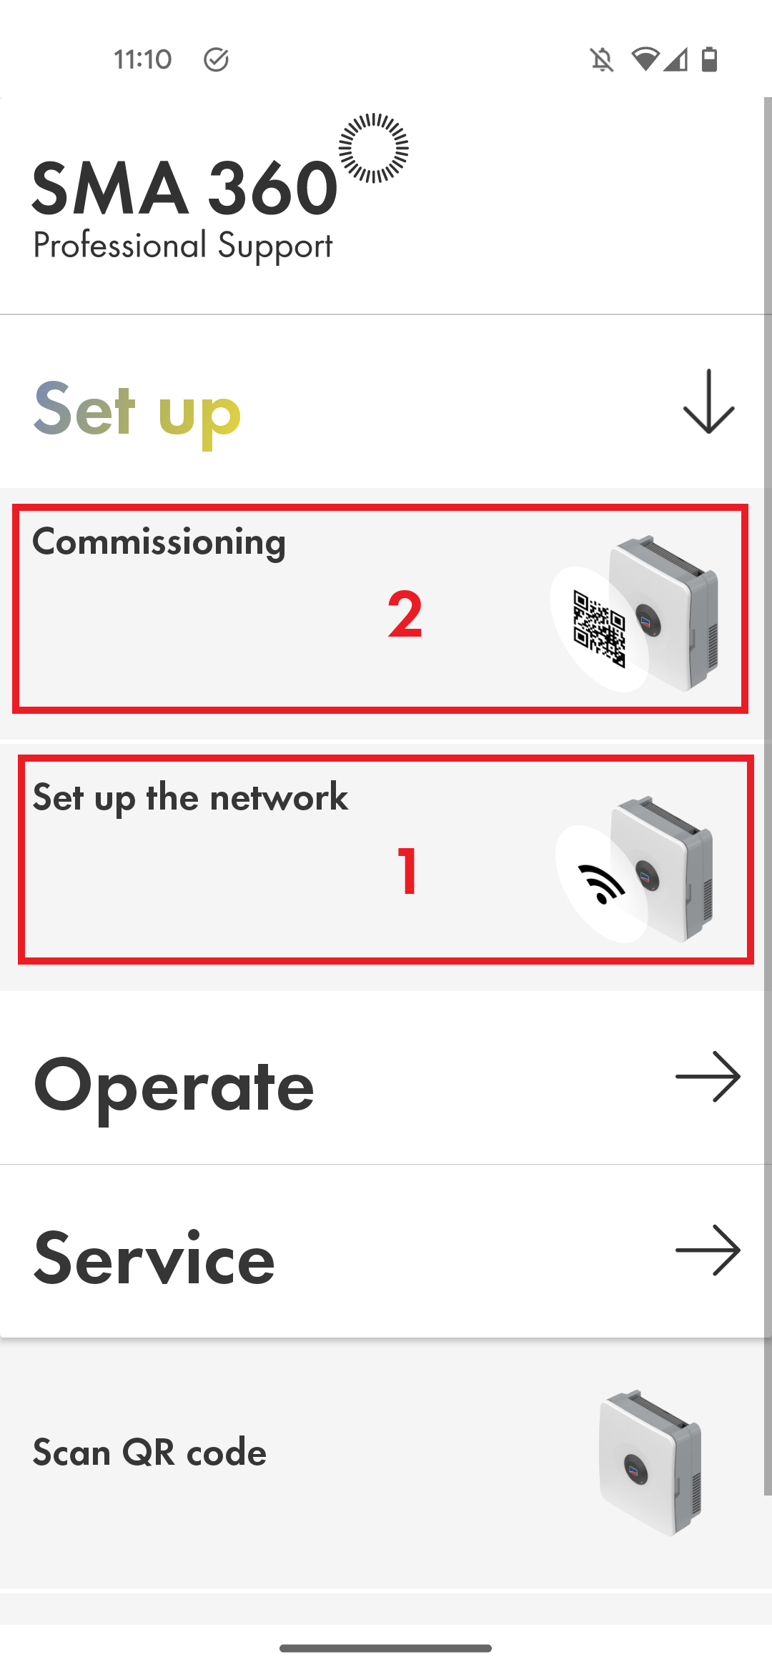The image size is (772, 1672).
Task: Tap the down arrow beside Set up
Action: (708, 402)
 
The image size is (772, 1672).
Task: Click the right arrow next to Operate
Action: (708, 1076)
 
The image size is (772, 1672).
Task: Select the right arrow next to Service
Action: (708, 1250)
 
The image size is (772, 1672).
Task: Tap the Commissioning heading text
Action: (159, 542)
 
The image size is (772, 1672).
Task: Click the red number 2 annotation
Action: (405, 614)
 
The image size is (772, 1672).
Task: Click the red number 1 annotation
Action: (407, 870)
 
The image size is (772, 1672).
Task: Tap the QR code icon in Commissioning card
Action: (599, 630)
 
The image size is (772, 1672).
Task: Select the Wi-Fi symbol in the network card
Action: (601, 884)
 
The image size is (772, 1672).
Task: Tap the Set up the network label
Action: (190, 797)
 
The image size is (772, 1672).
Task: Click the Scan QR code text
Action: (149, 1453)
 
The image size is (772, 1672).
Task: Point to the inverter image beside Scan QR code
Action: (650, 1462)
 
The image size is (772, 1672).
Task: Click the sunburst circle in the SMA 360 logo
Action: (373, 148)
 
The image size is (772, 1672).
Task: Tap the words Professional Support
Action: (182, 246)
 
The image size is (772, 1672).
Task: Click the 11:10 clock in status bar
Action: (142, 59)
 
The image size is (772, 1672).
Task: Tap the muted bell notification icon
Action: (602, 60)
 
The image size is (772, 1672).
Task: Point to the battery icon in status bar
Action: (709, 60)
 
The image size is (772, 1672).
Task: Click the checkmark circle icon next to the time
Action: (216, 60)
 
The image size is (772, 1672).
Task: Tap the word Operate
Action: (174, 1085)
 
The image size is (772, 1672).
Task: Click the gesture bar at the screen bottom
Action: (385, 1648)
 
